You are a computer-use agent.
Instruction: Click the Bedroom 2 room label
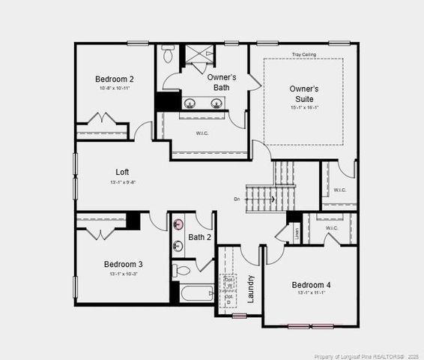(x=115, y=79)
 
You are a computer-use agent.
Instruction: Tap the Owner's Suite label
(x=304, y=94)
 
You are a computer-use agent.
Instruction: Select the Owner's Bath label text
(x=222, y=82)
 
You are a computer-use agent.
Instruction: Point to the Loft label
(x=123, y=172)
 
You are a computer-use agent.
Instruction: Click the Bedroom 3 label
(x=124, y=264)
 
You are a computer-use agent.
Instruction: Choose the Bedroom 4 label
(x=311, y=285)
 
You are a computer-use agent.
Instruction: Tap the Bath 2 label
(x=200, y=238)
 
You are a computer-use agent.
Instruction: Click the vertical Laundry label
(x=250, y=289)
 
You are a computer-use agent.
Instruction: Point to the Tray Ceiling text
(x=303, y=55)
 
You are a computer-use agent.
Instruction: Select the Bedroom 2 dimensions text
(x=115, y=88)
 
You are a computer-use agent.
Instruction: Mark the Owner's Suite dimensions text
(x=304, y=107)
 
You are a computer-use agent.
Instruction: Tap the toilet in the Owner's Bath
(x=168, y=55)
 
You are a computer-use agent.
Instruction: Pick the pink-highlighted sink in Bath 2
(x=178, y=225)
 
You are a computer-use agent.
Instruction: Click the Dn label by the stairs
(x=237, y=199)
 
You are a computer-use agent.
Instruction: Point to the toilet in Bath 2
(x=183, y=270)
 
